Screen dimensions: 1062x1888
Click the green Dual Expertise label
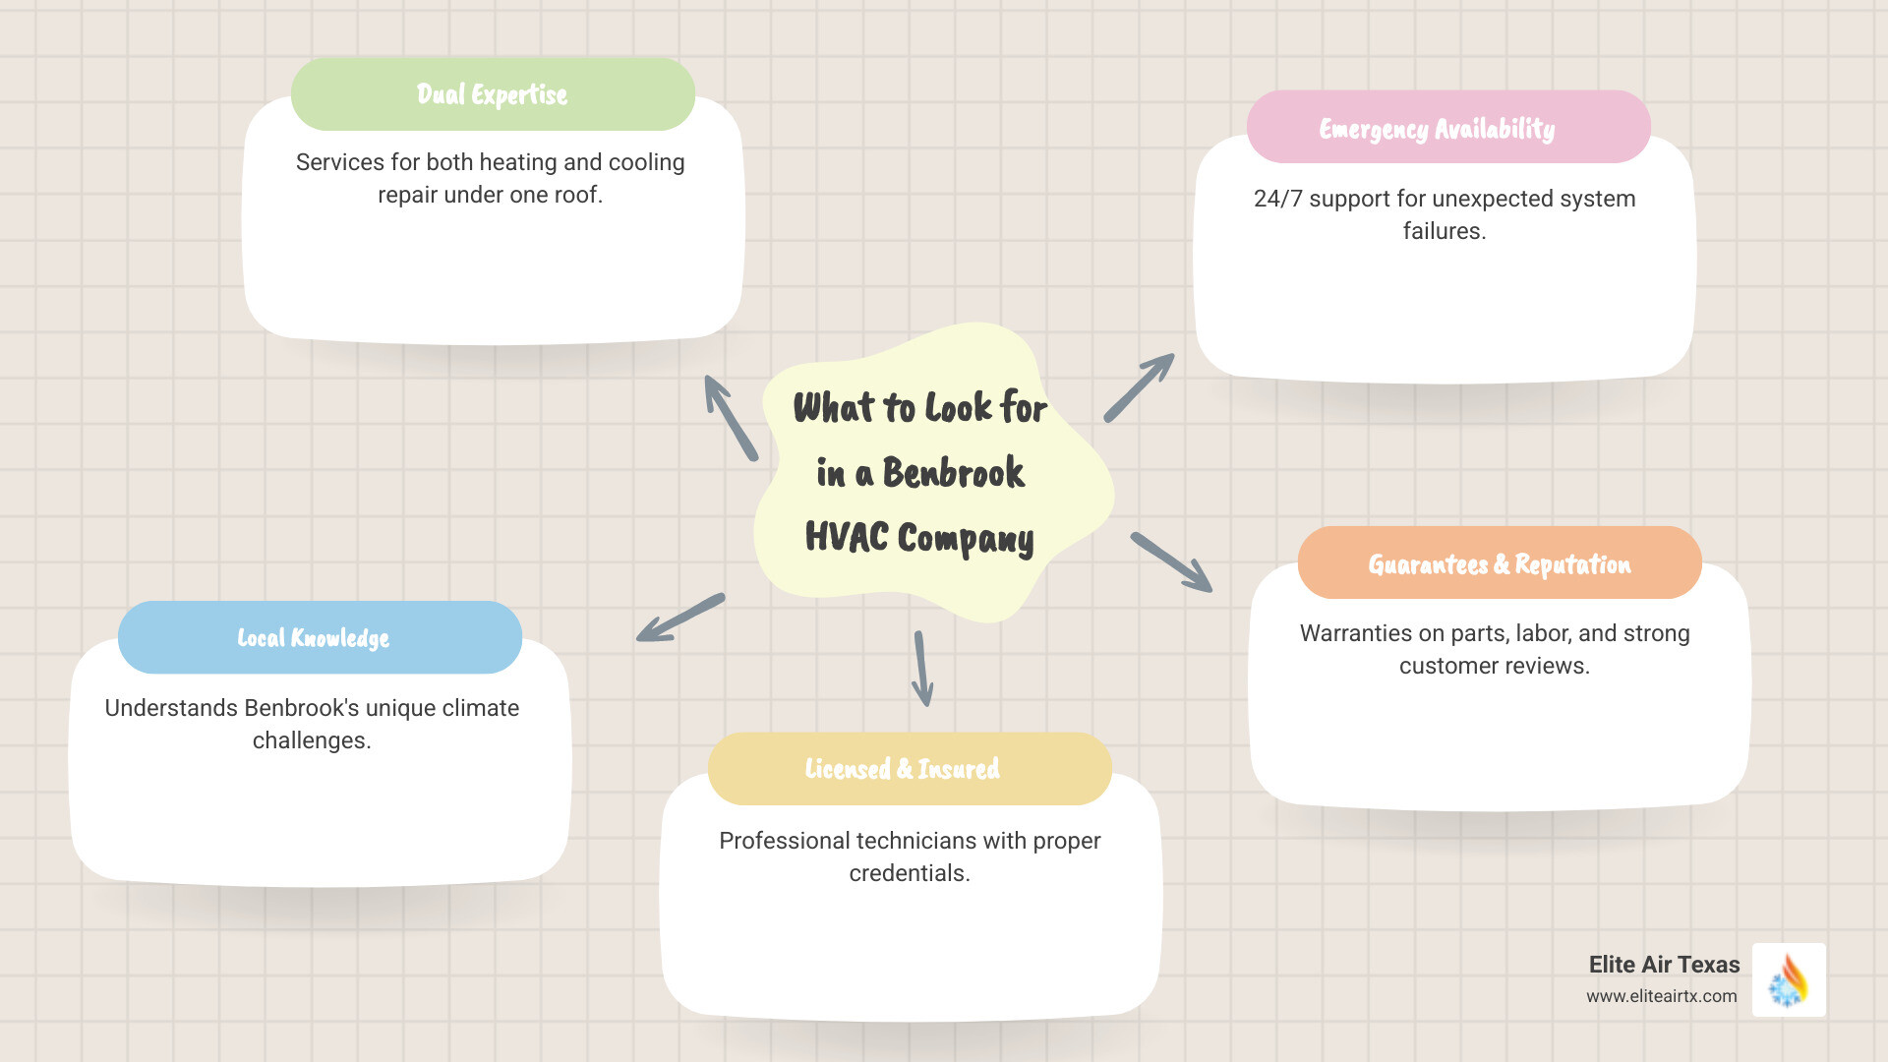(493, 94)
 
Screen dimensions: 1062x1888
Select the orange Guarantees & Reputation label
(1499, 564)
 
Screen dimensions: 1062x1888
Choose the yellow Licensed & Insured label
(902, 769)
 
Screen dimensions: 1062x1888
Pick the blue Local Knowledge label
(314, 638)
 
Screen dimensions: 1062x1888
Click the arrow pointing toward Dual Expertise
(730, 417)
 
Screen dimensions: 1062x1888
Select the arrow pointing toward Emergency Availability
(1139, 387)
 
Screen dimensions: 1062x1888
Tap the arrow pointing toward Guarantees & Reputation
(1171, 562)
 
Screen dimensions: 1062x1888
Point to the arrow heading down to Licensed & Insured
(922, 669)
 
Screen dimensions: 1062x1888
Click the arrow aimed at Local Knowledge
(679, 619)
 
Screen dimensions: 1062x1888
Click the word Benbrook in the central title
(953, 473)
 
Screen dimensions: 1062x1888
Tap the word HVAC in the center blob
(846, 538)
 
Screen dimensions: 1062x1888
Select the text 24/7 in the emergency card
(1278, 199)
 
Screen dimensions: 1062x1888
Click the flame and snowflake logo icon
(1789, 980)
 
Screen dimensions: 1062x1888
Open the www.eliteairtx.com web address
(1661, 996)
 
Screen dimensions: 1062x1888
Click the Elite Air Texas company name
(1664, 965)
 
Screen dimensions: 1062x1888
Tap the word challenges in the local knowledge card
(309, 740)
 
